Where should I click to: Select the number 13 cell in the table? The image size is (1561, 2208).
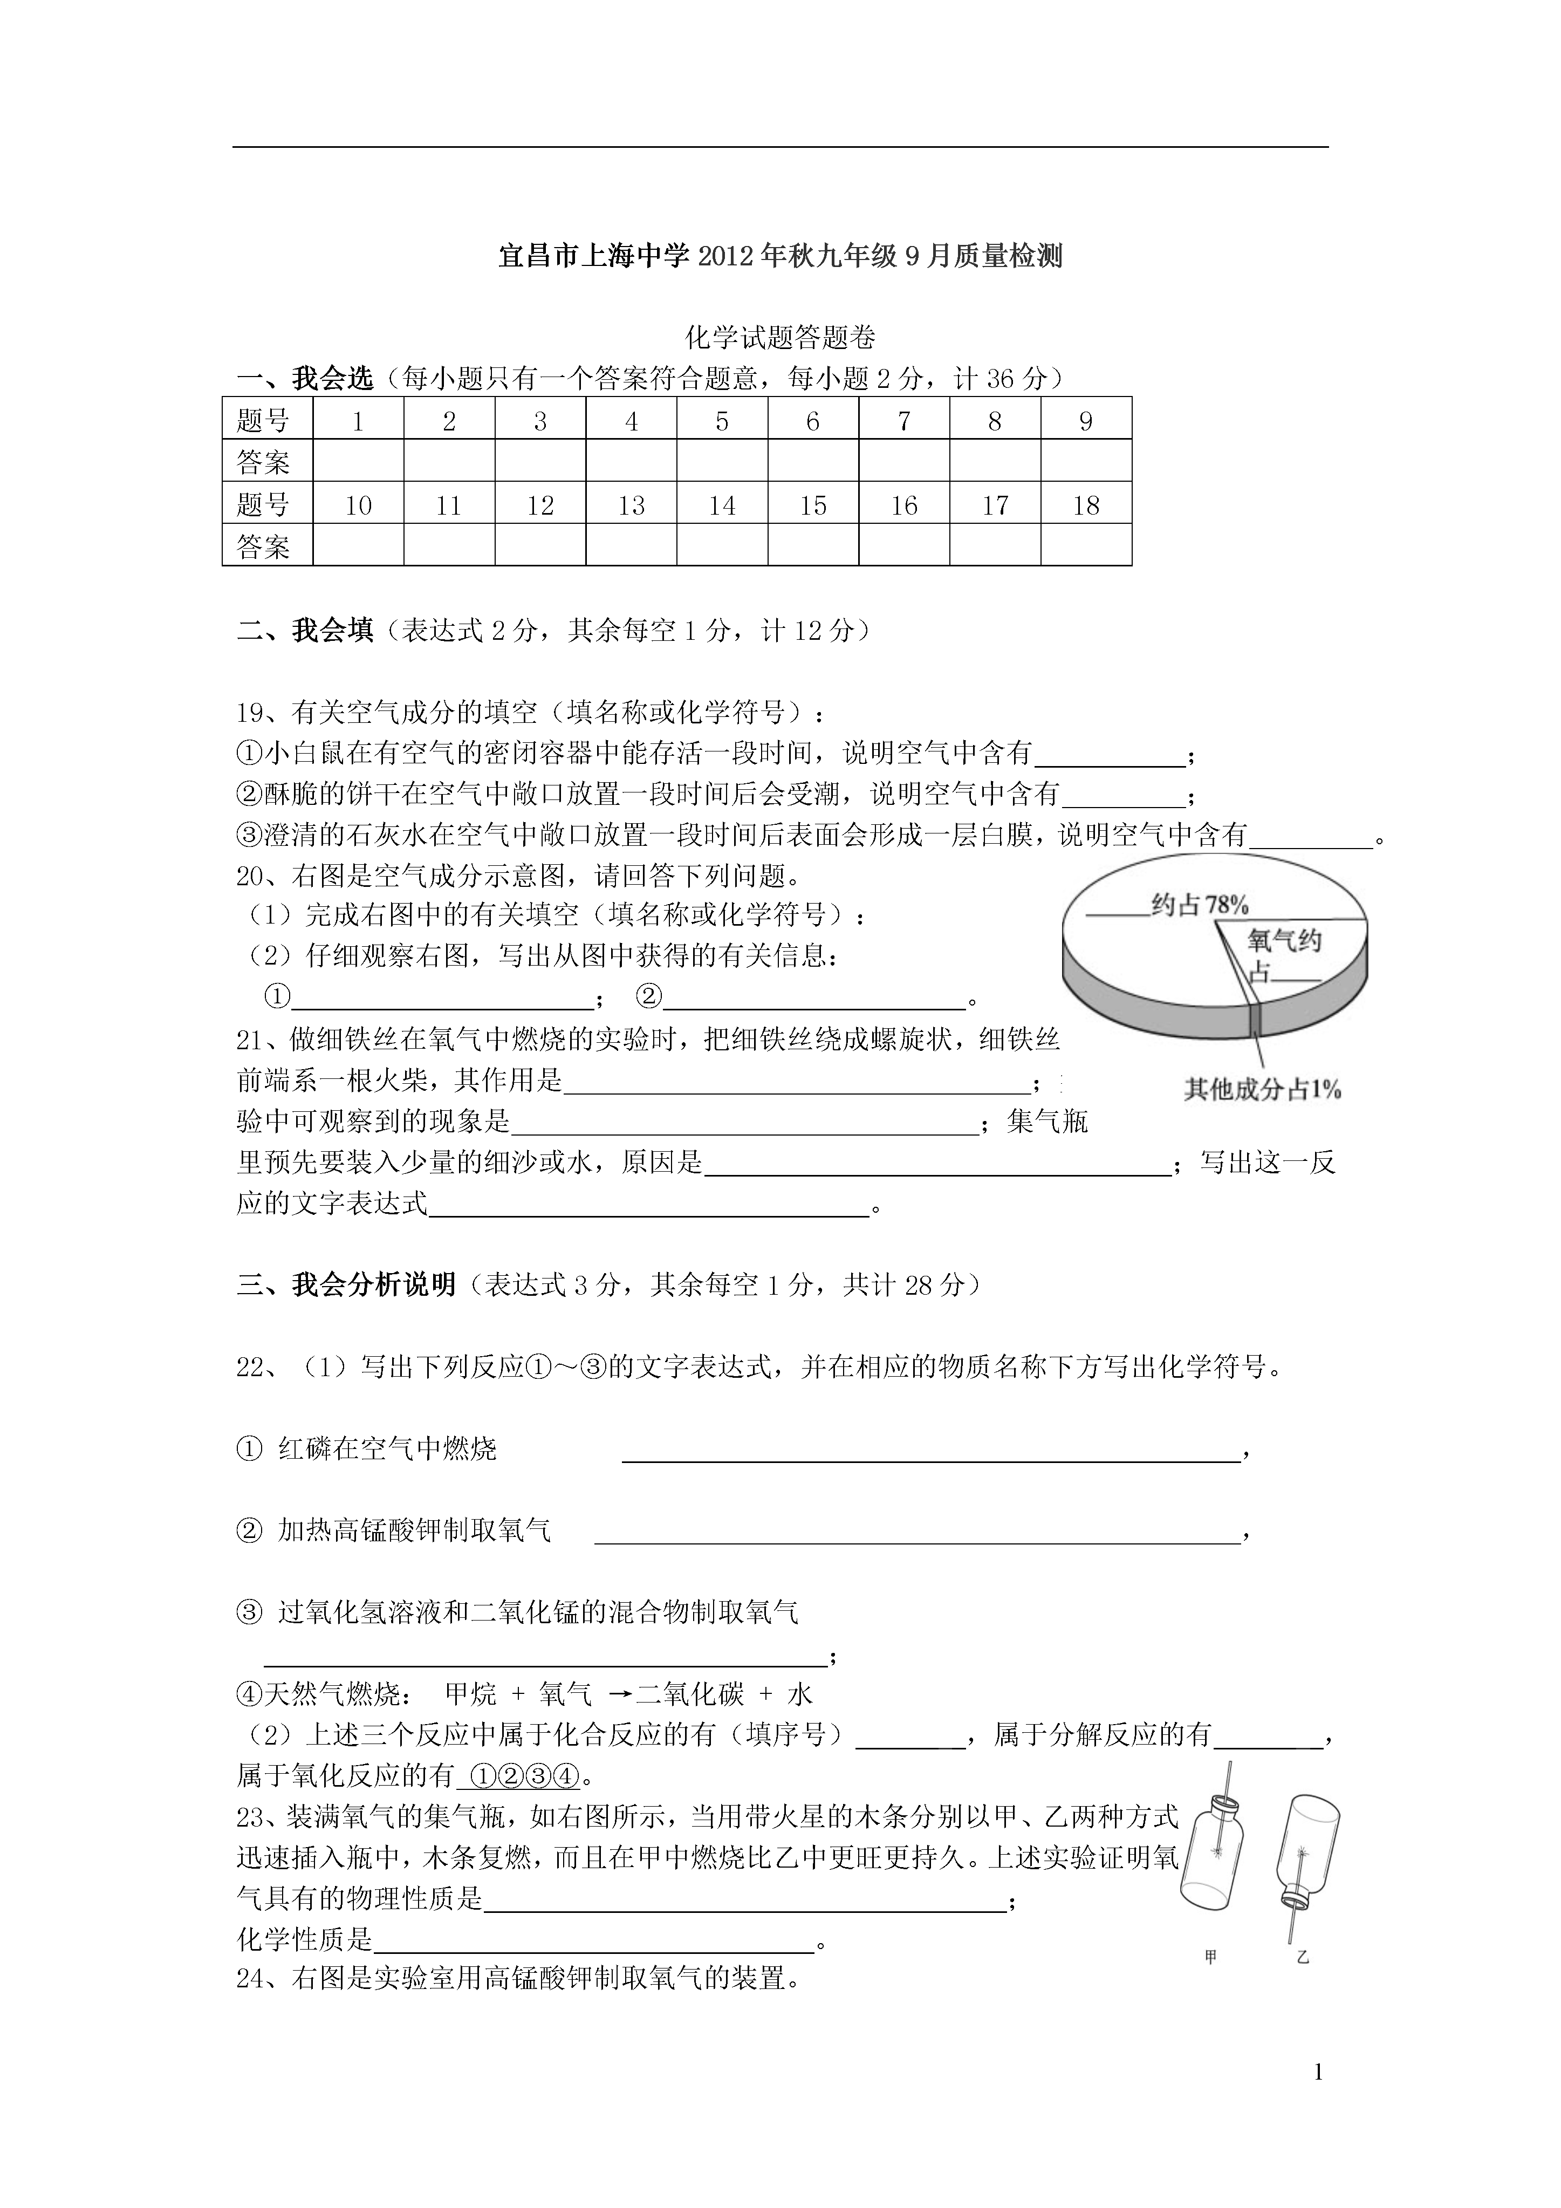pos(631,505)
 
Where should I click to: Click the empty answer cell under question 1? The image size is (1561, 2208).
pos(358,462)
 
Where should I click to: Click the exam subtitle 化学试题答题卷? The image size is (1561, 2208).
pos(780,338)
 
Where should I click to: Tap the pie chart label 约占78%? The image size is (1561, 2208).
pos(1200,904)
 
